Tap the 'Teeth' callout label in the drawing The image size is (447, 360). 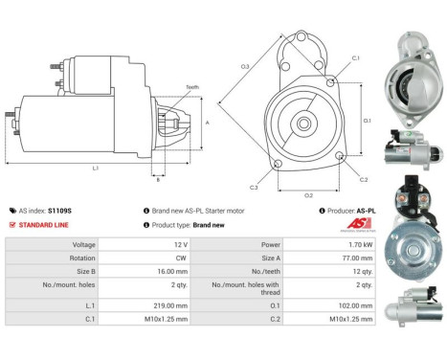(x=192, y=86)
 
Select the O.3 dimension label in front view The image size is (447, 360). (x=245, y=66)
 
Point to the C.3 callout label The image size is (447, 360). (x=254, y=186)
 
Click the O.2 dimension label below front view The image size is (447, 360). (x=308, y=195)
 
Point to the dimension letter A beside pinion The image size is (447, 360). (x=207, y=123)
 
